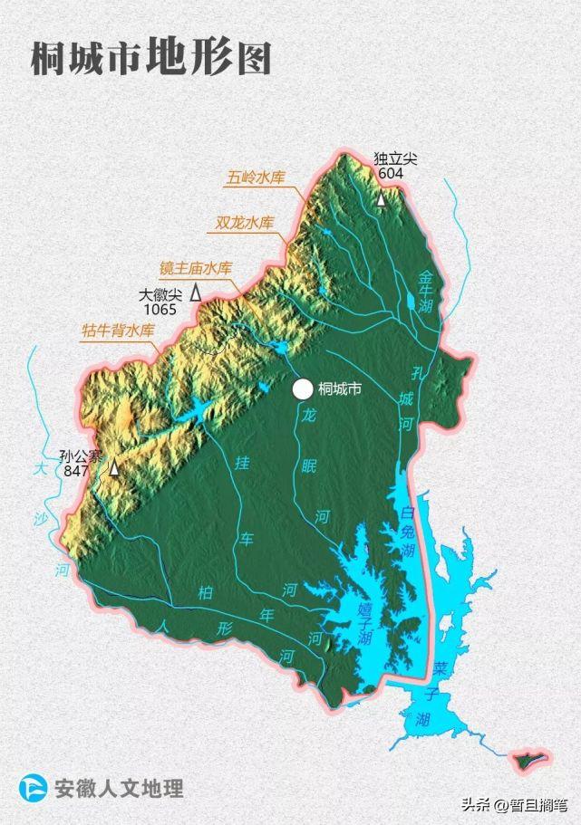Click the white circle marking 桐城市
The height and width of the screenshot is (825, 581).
click(303, 389)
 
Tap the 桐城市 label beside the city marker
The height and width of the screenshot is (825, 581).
click(340, 390)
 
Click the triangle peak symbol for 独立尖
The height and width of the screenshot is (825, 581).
click(382, 198)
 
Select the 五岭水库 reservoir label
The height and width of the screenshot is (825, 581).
click(256, 177)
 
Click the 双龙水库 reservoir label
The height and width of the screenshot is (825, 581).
click(244, 223)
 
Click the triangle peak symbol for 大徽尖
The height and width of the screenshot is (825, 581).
click(195, 294)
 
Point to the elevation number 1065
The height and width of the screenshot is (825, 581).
click(160, 310)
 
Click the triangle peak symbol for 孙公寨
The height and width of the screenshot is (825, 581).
click(114, 468)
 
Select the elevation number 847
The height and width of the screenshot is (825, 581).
click(77, 472)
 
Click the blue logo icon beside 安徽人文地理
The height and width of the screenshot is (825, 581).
click(34, 788)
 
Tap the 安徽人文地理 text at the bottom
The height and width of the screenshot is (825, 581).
click(119, 788)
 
